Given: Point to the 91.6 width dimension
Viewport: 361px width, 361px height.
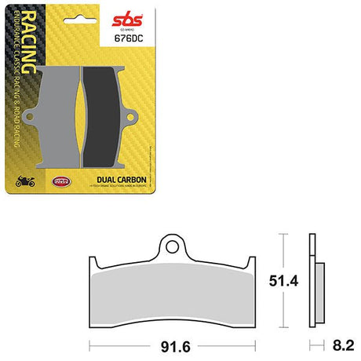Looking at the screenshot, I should (x=171, y=342).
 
